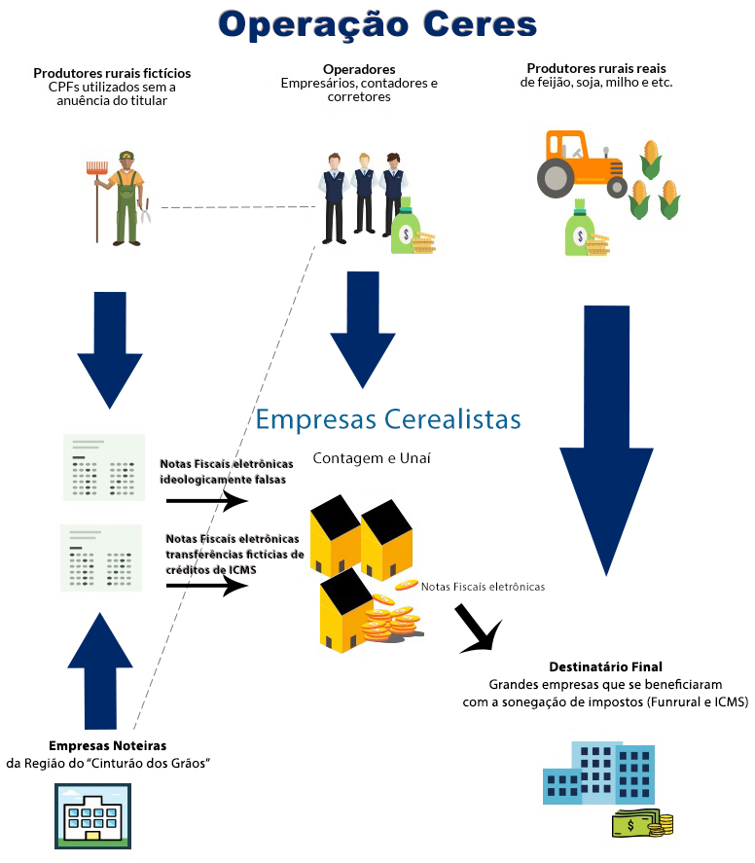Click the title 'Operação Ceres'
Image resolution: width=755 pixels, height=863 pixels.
[377, 25]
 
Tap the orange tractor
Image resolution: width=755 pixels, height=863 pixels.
[582, 164]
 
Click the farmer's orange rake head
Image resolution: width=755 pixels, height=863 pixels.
[97, 167]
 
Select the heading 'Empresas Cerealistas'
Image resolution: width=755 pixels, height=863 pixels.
[388, 419]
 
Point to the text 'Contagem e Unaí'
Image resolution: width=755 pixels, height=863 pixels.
[372, 458]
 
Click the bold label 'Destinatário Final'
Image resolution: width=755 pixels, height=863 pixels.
[605, 667]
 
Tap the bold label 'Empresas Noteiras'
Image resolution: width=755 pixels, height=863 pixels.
[107, 746]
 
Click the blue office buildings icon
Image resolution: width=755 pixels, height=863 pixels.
[598, 773]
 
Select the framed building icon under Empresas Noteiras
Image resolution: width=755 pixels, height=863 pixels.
[93, 816]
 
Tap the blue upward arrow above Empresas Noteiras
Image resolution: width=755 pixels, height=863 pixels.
[100, 671]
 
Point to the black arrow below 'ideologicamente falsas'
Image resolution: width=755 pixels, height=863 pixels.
[207, 501]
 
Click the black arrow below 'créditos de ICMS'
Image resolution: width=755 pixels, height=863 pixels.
[207, 586]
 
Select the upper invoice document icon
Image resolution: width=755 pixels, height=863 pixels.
[104, 467]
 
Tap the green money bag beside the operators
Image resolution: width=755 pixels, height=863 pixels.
[406, 227]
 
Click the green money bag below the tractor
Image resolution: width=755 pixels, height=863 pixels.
[580, 228]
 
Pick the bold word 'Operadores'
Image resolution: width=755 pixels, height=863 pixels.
[359, 69]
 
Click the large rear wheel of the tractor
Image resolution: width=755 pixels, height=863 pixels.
[556, 178]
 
